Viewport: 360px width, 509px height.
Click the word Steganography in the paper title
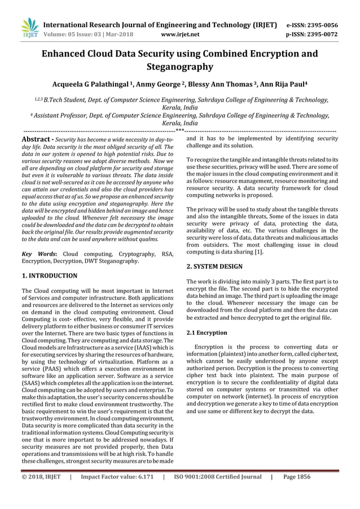(x=180, y=67)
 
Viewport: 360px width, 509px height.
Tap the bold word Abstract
(x=37, y=139)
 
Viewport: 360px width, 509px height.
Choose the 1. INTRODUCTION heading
(x=50, y=276)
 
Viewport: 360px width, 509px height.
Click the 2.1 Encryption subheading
(x=207, y=333)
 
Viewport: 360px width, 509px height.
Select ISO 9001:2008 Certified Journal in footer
(x=217, y=492)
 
